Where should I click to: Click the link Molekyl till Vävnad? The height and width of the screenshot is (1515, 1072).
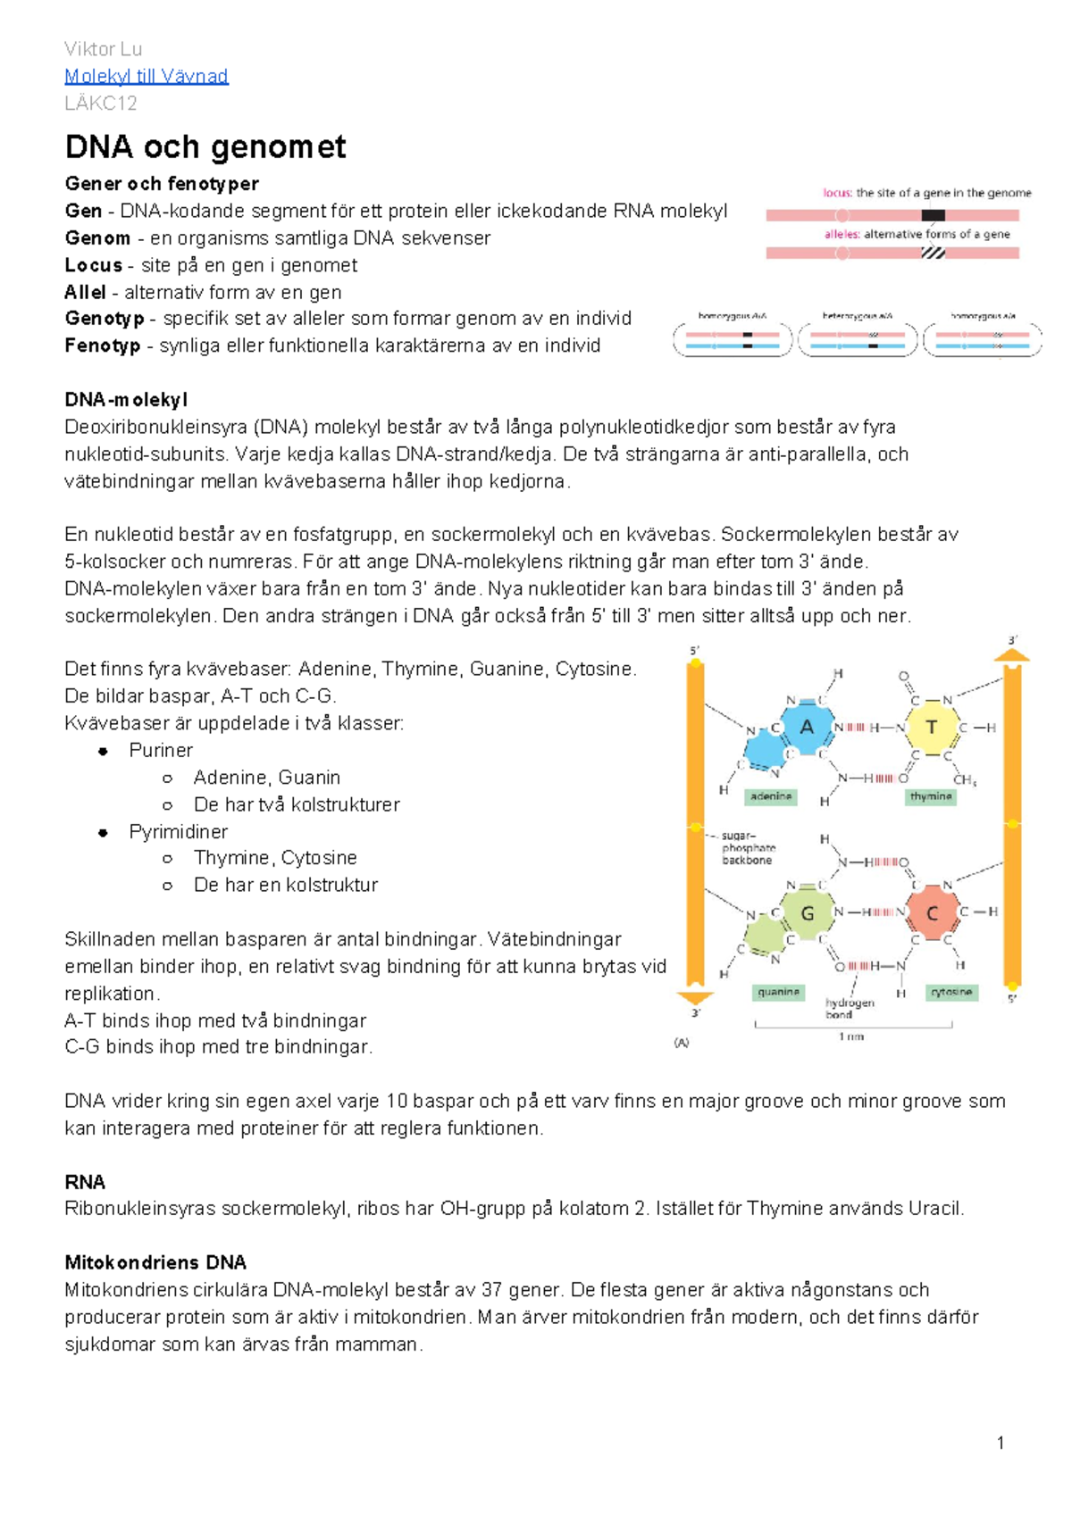coord(147,76)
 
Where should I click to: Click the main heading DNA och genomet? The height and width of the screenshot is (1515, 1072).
coord(205,146)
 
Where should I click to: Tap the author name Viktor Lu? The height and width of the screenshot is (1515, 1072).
coord(103,49)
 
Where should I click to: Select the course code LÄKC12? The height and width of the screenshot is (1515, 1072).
coord(101,103)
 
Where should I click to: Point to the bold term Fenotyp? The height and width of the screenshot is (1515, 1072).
coord(102,345)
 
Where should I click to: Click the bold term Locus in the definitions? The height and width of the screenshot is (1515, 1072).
coord(93,265)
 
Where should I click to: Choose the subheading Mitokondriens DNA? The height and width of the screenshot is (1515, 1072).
coord(155,1262)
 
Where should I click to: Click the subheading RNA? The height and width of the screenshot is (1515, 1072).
coord(85,1182)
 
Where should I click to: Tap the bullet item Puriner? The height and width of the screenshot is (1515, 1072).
coord(161,750)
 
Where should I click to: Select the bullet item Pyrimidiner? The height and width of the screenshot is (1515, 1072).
coord(178,831)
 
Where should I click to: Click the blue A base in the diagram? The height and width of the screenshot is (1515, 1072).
coord(807,727)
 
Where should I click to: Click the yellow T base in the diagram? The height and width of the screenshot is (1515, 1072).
coord(932,727)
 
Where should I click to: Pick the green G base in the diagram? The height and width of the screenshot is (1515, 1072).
coord(808,912)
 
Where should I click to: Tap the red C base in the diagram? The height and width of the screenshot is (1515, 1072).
coord(932,912)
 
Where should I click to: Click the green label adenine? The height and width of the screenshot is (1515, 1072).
coord(771,796)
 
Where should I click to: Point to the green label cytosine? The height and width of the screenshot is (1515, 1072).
coord(951,992)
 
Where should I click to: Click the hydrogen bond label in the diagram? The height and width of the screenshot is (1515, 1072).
coord(850,1008)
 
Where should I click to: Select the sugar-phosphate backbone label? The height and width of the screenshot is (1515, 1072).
coord(748,848)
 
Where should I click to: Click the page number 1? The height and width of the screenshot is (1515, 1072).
coord(1001,1443)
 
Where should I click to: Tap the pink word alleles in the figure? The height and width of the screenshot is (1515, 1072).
coord(841,234)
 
